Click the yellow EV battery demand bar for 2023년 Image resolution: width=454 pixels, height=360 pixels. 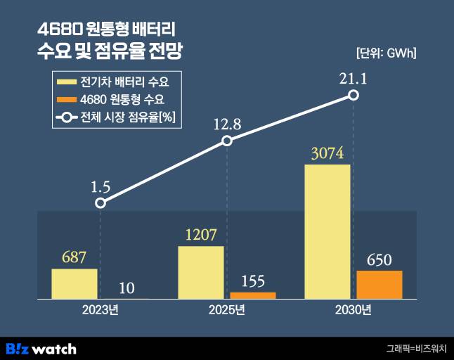click(74, 284)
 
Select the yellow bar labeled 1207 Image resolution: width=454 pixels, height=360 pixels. click(200, 273)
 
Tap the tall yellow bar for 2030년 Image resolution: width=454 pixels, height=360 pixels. click(327, 232)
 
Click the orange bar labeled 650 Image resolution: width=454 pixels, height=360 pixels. click(379, 285)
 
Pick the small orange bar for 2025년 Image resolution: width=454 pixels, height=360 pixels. click(253, 295)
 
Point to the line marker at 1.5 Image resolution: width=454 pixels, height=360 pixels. click(100, 202)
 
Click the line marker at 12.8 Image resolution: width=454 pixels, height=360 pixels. click(227, 141)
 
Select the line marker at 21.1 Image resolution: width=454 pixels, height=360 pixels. click(354, 95)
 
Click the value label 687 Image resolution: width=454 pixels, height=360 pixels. click(74, 257)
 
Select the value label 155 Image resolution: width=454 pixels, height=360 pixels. click(252, 281)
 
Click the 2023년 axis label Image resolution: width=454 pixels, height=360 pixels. click(100, 310)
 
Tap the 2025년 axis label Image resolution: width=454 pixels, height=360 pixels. click(227, 310)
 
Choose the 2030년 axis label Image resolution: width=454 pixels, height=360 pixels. click(354, 310)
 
